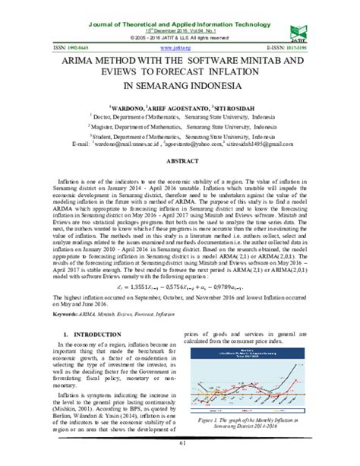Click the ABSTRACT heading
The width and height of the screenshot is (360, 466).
pos(179,161)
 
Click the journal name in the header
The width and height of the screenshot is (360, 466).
pos(179,7)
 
